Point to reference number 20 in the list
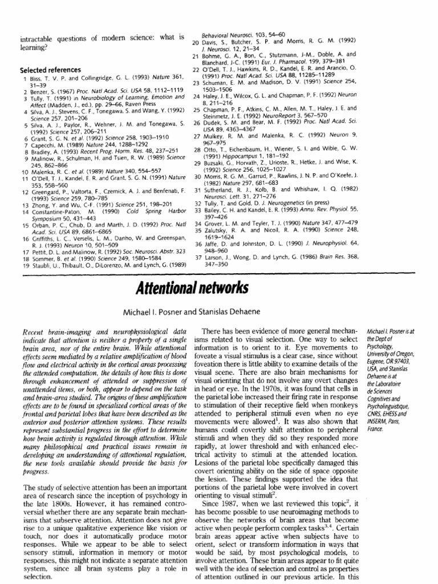[x=194, y=42]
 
